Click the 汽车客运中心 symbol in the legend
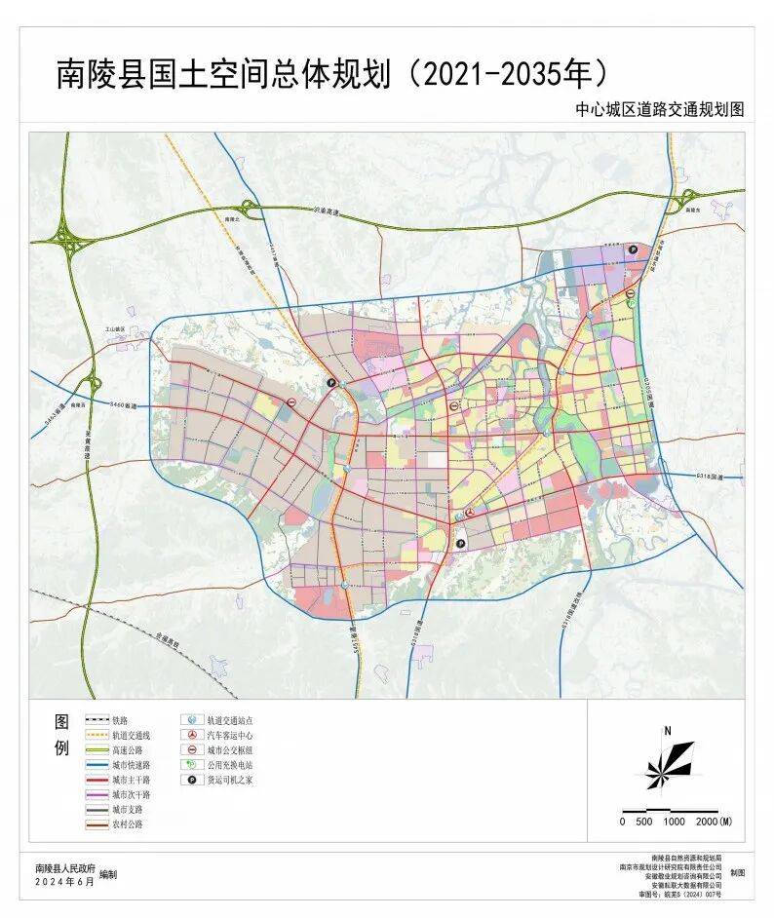coord(190,735)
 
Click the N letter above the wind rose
coord(668,730)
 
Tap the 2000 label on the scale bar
coord(716,822)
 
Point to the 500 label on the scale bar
coord(644,822)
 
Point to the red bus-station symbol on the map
coord(469,511)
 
